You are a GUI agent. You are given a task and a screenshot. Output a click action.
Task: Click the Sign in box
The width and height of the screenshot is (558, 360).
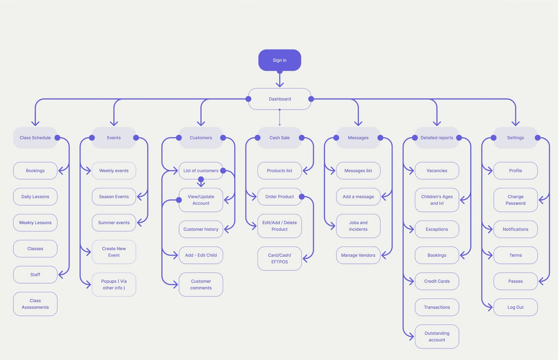[280, 60]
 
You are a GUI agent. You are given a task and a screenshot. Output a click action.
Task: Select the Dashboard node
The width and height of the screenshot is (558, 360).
[280, 99]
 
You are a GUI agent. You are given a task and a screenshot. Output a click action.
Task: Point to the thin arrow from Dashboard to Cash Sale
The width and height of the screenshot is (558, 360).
[280, 117]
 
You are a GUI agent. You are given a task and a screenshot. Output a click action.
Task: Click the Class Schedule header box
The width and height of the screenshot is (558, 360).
[35, 138]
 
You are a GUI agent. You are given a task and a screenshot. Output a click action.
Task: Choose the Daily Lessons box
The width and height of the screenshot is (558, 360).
[35, 197]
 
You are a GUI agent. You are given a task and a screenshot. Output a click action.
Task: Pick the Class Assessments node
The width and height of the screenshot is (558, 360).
[35, 304]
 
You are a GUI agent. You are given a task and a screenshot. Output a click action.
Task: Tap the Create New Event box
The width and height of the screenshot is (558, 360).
[114, 252]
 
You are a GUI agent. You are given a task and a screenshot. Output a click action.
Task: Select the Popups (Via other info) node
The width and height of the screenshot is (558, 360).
[114, 285]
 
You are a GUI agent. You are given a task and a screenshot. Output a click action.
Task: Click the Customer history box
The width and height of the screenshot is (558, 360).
[201, 229]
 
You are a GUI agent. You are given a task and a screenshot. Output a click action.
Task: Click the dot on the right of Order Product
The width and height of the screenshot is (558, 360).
[302, 197]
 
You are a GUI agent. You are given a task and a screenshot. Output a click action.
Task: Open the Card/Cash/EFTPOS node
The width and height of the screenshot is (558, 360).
[280, 258]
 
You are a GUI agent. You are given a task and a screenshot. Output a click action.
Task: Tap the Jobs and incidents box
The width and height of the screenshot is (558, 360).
[358, 226]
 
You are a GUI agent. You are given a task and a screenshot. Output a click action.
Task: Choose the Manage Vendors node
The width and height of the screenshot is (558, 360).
[358, 255]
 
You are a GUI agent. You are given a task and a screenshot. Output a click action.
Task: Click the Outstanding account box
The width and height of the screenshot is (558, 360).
[437, 337]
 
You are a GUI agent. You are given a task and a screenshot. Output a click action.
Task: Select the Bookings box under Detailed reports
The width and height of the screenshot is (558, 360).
[437, 255]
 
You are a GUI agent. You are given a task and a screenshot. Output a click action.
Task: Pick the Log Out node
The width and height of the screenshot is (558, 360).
[515, 307]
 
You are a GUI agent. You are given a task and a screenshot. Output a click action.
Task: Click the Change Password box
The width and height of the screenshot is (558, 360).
[515, 200]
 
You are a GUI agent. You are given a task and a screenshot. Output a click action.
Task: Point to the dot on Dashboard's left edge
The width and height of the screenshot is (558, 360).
[248, 99]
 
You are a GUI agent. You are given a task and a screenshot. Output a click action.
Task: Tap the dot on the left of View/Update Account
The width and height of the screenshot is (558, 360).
[179, 200]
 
